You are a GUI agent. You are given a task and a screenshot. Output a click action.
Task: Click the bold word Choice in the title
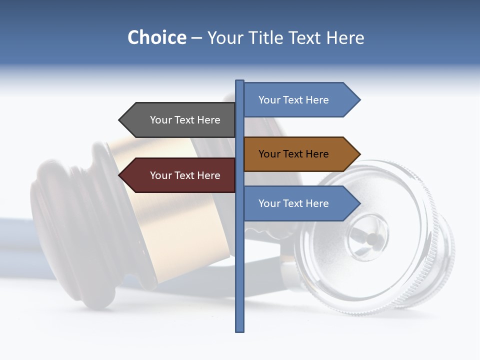[x=156, y=37]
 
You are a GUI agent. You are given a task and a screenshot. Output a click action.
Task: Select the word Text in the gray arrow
[x=185, y=120]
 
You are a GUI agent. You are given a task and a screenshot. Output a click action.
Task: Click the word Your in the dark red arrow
[x=161, y=175]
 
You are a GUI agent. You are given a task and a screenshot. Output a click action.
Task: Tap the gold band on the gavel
[x=150, y=210]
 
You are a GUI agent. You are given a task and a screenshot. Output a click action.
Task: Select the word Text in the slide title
[x=304, y=38]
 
